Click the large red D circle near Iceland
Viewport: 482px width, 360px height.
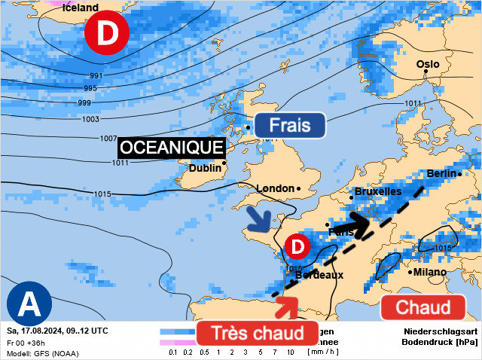point(107,34)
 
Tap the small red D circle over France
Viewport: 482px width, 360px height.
point(297,246)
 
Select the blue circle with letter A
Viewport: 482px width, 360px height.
point(29,304)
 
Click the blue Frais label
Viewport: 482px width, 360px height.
point(289,125)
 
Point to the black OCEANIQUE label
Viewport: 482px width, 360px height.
point(172,148)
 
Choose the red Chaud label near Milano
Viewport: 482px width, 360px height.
point(423,307)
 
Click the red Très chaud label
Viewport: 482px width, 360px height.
point(257,333)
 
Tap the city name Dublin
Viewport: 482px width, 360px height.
point(205,168)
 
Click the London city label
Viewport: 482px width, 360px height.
point(275,188)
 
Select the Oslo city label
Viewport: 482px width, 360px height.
point(428,64)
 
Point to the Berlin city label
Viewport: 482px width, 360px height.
point(442,173)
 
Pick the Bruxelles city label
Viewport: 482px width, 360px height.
point(377,191)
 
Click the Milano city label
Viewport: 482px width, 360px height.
point(429,272)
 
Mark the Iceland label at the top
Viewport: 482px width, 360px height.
point(80,8)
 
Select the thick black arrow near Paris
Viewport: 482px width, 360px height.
point(351,223)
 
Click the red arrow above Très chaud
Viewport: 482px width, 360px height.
point(287,307)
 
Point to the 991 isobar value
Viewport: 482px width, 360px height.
point(96,75)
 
